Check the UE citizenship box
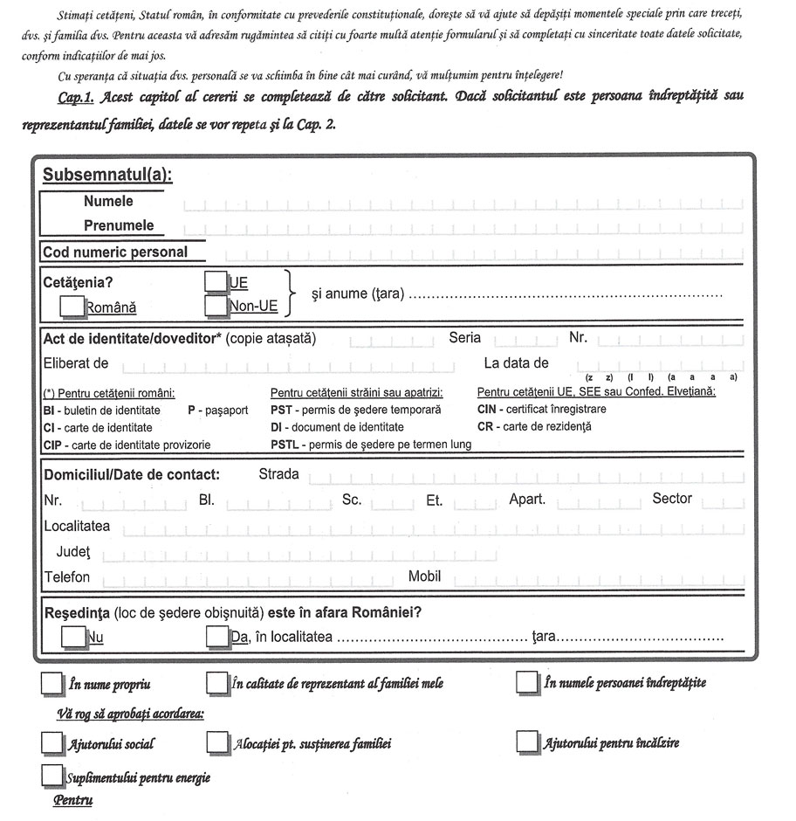pyautogui.click(x=215, y=281)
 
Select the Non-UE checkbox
pyautogui.click(x=215, y=305)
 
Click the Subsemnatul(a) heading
pyautogui.click(x=107, y=173)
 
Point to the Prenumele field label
pyautogui.click(x=119, y=225)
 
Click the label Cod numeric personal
pyautogui.click(x=115, y=252)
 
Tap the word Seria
pyautogui.click(x=464, y=337)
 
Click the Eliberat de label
pyautogui.click(x=75, y=362)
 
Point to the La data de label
pyautogui.click(x=516, y=362)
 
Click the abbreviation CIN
pyautogui.click(x=488, y=409)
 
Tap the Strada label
pyautogui.click(x=279, y=474)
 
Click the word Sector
pyautogui.click(x=672, y=499)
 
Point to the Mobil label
pyautogui.click(x=425, y=576)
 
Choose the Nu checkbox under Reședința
pyautogui.click(x=72, y=637)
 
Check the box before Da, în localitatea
pyautogui.click(x=217, y=637)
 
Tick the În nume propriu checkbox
pyautogui.click(x=52, y=683)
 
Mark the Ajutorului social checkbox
pyautogui.click(x=52, y=742)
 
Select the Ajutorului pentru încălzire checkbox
pyautogui.click(x=527, y=742)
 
